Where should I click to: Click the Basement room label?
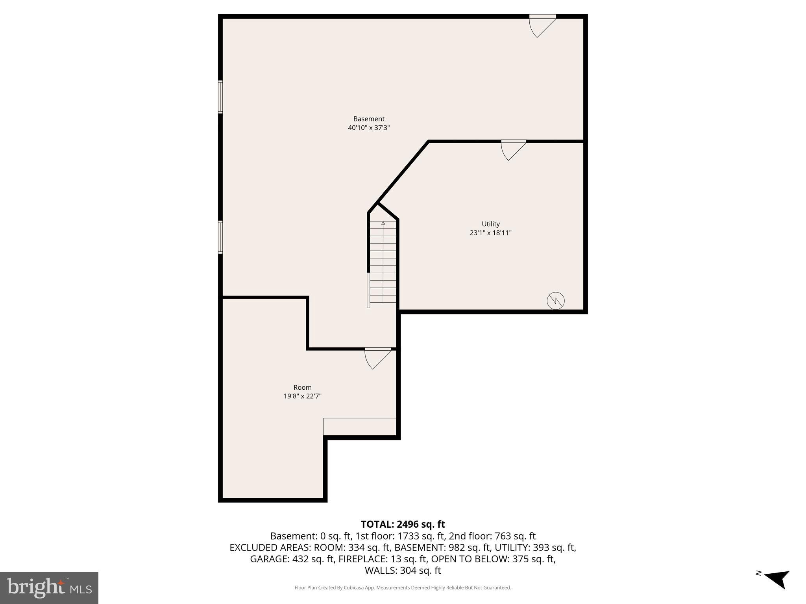369,119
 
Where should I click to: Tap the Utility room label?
490,224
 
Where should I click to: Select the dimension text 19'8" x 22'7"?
302,396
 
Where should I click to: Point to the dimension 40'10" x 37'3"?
369,128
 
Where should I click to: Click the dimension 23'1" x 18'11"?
490,233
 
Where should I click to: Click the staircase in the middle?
383,261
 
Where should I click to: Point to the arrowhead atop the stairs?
383,223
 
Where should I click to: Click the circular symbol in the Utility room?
556,301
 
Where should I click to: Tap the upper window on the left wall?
220,97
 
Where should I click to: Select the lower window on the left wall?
220,237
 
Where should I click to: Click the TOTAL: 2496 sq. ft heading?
403,524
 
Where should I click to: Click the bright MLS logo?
49,587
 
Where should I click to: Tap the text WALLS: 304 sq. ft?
403,570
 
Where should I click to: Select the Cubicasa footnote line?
403,588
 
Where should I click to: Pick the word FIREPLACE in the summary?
364,559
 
